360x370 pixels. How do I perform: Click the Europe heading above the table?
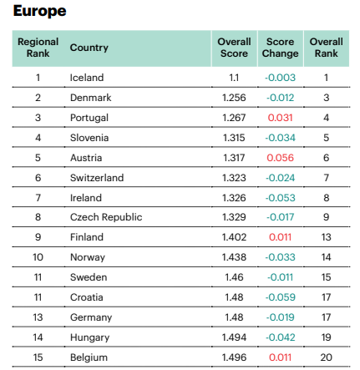pyautogui.click(x=39, y=11)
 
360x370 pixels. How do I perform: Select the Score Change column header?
pyautogui.click(x=280, y=48)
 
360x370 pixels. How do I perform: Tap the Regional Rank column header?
pyautogui.click(x=38, y=48)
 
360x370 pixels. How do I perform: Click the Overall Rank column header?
pyautogui.click(x=327, y=48)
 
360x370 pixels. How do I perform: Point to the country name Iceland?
pyautogui.click(x=87, y=78)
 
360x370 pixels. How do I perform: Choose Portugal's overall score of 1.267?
pyautogui.click(x=234, y=118)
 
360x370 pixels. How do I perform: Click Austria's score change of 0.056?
pyautogui.click(x=280, y=158)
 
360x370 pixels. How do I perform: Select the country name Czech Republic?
pyautogui.click(x=106, y=217)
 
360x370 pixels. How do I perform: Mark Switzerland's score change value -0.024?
pyautogui.click(x=280, y=178)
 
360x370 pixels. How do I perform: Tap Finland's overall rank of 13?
pyautogui.click(x=327, y=237)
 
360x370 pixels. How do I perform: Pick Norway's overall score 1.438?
pyautogui.click(x=234, y=257)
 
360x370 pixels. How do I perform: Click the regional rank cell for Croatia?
pyautogui.click(x=38, y=297)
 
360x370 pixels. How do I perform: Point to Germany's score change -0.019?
pyautogui.click(x=280, y=317)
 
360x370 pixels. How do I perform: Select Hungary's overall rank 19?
pyautogui.click(x=327, y=337)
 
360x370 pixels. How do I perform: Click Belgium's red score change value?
pyautogui.click(x=280, y=357)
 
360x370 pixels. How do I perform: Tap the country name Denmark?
pyautogui.click(x=91, y=98)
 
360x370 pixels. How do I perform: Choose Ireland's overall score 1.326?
pyautogui.click(x=234, y=198)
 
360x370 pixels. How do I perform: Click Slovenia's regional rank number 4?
pyautogui.click(x=38, y=138)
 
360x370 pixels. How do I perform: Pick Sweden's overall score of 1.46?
pyautogui.click(x=234, y=277)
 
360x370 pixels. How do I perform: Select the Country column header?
pyautogui.click(x=89, y=48)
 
